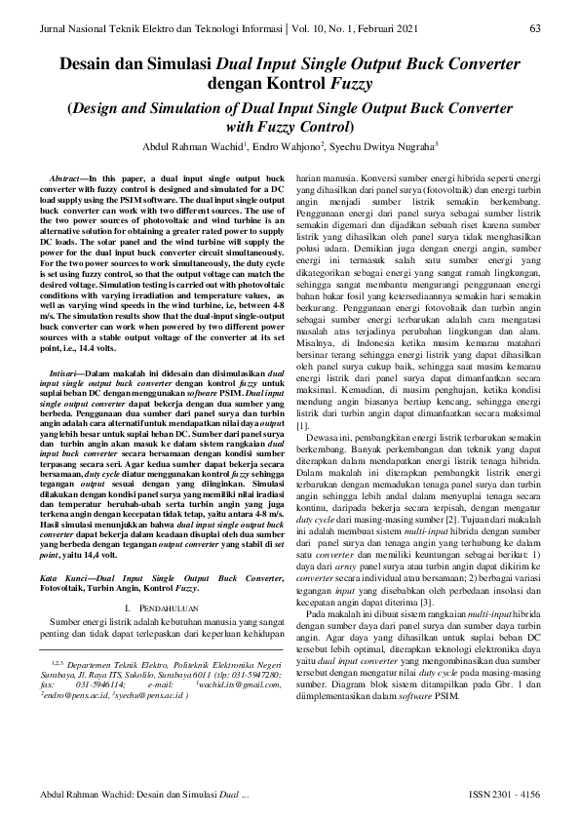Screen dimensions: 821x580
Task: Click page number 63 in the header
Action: (x=535, y=28)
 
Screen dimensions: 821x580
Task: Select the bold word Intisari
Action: (x=64, y=373)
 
